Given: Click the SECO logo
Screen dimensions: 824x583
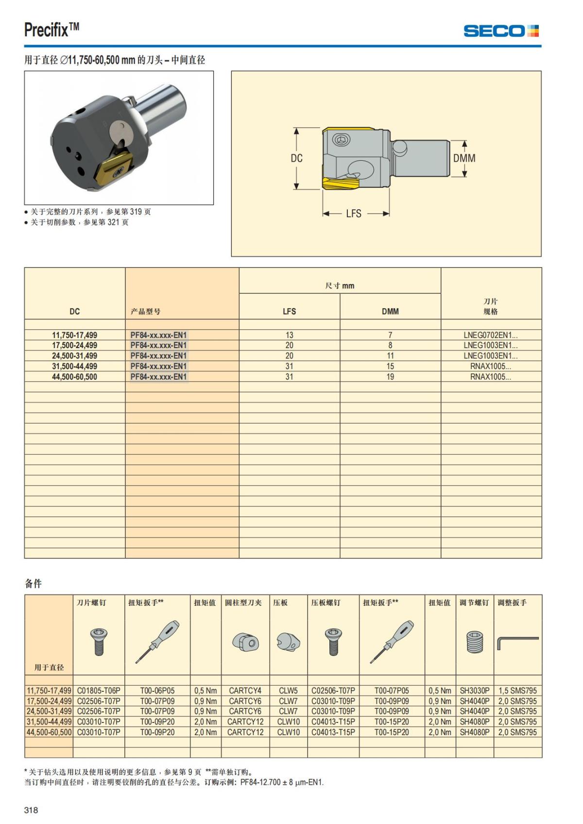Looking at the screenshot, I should click(x=501, y=31).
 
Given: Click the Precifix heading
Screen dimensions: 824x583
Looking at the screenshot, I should click(x=51, y=30).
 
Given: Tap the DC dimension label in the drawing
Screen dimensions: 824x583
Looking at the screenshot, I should click(x=296, y=158).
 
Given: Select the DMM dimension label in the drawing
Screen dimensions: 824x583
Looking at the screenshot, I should click(x=464, y=158).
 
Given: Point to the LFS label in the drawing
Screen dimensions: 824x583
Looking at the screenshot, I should click(x=354, y=214).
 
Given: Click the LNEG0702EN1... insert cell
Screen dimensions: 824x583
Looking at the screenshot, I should click(x=490, y=335).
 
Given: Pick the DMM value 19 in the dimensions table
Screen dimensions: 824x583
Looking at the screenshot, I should click(x=390, y=377).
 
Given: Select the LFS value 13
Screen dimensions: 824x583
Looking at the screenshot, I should click(x=289, y=335).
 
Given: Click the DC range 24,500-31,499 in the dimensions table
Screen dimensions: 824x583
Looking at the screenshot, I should click(x=74, y=356).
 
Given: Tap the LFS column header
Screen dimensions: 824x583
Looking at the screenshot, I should click(x=289, y=311).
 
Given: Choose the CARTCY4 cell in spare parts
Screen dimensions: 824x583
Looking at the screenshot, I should click(x=245, y=690).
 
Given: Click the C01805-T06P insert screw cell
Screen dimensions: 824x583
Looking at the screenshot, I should click(x=99, y=690).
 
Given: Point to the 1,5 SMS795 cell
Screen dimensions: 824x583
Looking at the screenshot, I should click(x=517, y=690).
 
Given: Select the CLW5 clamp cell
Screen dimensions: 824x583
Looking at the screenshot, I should click(x=288, y=690).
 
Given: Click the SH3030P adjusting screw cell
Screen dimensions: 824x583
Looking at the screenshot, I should click(x=474, y=690).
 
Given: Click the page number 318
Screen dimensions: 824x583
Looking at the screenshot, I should click(x=31, y=810).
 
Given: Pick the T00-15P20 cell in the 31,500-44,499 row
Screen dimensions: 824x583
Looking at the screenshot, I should click(x=392, y=722).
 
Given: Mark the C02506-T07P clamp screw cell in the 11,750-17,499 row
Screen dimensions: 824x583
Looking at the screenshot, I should click(x=333, y=690).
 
